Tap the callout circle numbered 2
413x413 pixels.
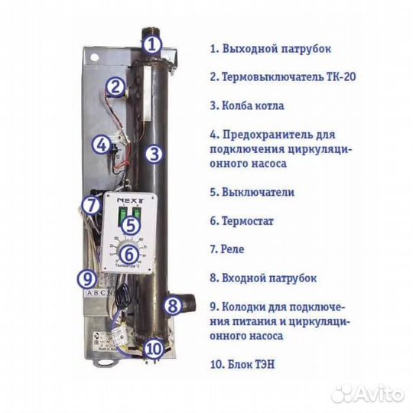(x=115, y=87)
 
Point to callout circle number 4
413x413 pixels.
(x=101, y=144)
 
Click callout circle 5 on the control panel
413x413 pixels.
(x=130, y=225)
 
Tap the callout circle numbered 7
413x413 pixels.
(x=91, y=205)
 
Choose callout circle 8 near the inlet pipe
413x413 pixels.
(x=174, y=306)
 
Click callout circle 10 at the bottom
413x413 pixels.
(x=153, y=350)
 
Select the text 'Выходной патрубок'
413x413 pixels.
(x=276, y=48)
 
